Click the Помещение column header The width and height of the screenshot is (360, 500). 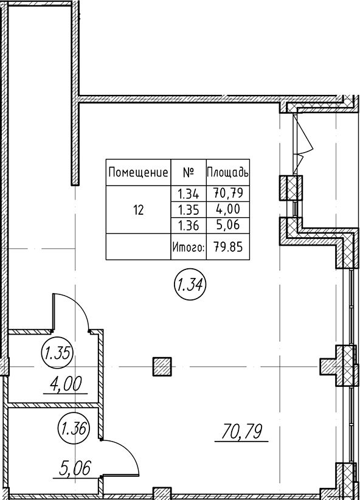coord(138,173)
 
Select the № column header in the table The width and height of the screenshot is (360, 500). coord(189,173)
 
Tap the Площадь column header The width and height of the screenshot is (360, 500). coord(227,173)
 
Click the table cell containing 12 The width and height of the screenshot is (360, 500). coord(139,210)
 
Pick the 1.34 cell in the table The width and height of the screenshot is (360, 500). coord(189,193)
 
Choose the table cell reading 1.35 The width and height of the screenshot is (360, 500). coord(189,210)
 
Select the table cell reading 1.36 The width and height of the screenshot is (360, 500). coord(189,226)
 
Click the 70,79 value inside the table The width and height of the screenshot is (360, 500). coord(228,193)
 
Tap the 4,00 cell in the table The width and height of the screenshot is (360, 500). coord(228,209)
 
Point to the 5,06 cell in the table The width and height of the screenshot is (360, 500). coord(228,226)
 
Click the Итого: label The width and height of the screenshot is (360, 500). coord(189,247)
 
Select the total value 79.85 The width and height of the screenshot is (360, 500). coord(228,247)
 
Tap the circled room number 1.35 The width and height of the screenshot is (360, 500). coord(58,353)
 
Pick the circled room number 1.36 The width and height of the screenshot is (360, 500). coord(74,429)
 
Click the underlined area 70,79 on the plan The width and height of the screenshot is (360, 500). coord(241,432)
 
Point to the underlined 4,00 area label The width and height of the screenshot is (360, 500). coord(65,384)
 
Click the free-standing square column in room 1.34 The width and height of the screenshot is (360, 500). coord(162,367)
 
